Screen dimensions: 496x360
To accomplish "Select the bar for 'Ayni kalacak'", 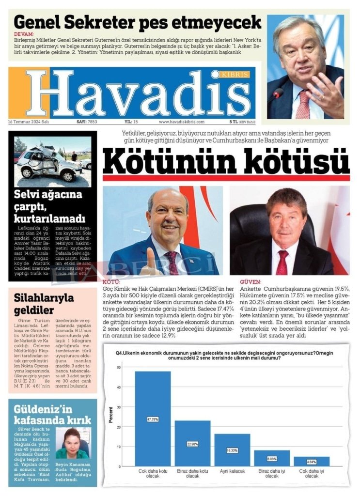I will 232,450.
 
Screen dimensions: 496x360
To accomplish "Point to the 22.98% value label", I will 192,444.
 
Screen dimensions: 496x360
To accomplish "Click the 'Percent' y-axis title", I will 111,416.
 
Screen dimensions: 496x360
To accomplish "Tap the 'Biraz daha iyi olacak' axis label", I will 271,473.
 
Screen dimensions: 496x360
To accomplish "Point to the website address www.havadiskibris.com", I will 182,122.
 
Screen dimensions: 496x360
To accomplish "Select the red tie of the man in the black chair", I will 282,262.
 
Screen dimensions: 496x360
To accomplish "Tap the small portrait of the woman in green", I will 73,443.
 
